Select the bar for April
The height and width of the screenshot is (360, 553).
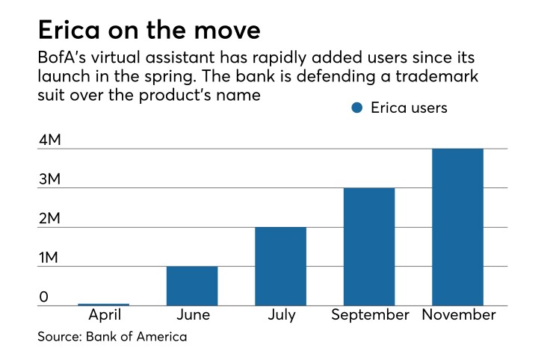coord(103,304)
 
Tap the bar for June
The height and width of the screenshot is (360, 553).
coord(192,285)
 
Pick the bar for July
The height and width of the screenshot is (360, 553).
coord(280,266)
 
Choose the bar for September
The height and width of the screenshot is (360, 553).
coord(369,246)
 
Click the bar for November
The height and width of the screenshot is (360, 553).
coord(458,227)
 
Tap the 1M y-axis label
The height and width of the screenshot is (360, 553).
coord(49,258)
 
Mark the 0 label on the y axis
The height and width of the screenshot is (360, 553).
coord(43,297)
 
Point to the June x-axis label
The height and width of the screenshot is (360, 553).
coord(192,315)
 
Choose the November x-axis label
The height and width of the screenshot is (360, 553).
coord(458,315)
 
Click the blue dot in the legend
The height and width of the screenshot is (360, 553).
coord(356,108)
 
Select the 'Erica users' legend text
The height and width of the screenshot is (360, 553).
coord(409,108)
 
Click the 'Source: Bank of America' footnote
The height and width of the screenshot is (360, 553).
coord(112,337)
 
